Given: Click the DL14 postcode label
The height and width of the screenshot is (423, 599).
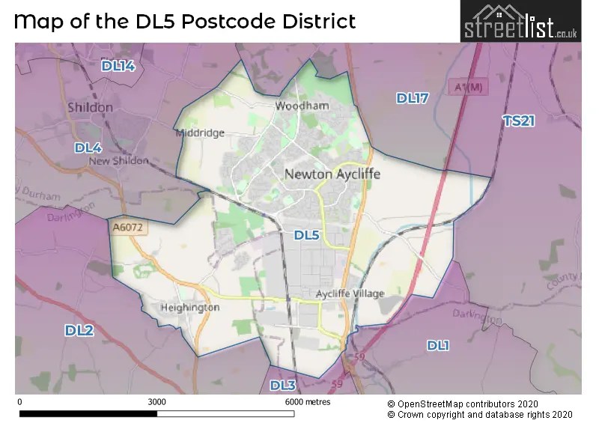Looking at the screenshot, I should [x=118, y=67].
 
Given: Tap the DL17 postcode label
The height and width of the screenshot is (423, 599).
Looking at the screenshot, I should [x=412, y=99].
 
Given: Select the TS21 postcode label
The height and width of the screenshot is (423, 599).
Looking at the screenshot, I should [x=518, y=121].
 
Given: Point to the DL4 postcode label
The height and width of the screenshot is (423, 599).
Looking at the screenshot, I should [x=88, y=148].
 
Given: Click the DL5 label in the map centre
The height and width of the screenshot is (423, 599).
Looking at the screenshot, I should [x=306, y=235].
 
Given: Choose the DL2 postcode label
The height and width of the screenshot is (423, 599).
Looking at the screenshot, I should [x=79, y=330].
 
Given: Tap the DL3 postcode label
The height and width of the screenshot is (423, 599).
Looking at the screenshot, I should [x=283, y=386].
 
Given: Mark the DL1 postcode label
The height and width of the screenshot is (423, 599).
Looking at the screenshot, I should [x=438, y=345].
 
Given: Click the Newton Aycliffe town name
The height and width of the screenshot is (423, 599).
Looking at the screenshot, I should [x=332, y=174].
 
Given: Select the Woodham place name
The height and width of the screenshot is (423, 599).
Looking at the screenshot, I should [x=302, y=106].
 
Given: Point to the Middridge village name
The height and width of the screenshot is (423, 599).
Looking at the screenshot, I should [x=200, y=133].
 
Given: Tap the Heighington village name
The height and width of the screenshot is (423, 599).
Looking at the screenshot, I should [x=190, y=308].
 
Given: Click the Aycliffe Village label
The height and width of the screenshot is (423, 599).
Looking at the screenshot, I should [x=350, y=293].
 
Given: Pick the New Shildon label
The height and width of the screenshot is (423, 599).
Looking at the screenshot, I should [x=118, y=161].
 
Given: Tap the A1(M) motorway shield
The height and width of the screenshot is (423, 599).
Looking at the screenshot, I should [x=469, y=88].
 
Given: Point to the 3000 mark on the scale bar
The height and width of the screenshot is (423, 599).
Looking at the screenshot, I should [x=156, y=402].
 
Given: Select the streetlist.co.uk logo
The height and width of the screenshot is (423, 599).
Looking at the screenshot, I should [x=520, y=22].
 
